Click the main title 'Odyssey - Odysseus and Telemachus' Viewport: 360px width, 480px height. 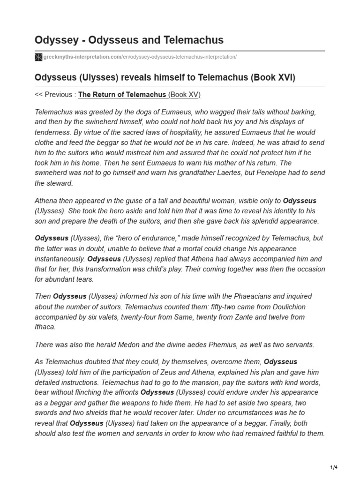coord(129,40)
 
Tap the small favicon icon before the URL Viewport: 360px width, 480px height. coord(38,57)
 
